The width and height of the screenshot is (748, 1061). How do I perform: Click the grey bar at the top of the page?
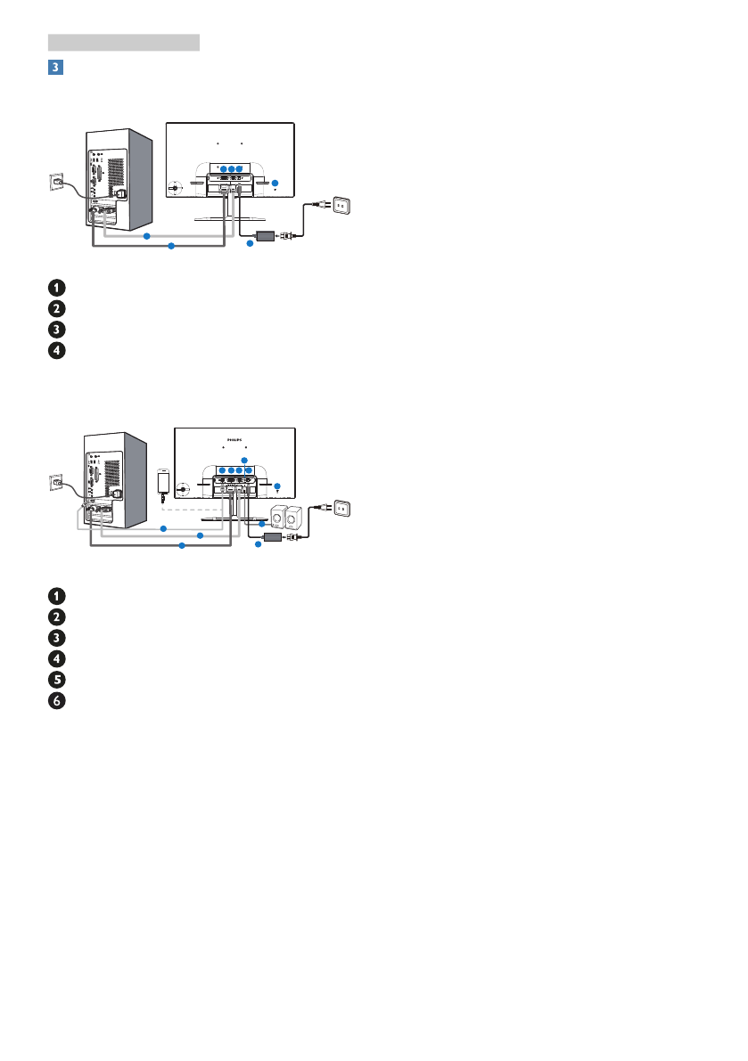click(124, 42)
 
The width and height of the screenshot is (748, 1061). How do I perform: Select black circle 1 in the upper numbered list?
click(56, 287)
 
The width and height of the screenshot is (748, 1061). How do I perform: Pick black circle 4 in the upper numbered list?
click(56, 350)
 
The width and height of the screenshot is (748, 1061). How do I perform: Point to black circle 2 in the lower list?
click(56, 616)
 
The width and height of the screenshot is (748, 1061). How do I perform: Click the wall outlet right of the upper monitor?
click(345, 206)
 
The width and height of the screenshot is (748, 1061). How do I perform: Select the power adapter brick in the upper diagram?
click(266, 235)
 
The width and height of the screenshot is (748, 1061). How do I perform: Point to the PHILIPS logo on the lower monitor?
click(234, 438)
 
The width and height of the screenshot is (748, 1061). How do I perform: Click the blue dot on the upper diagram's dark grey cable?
click(171, 246)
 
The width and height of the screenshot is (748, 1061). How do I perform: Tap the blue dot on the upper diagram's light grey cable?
click(145, 235)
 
